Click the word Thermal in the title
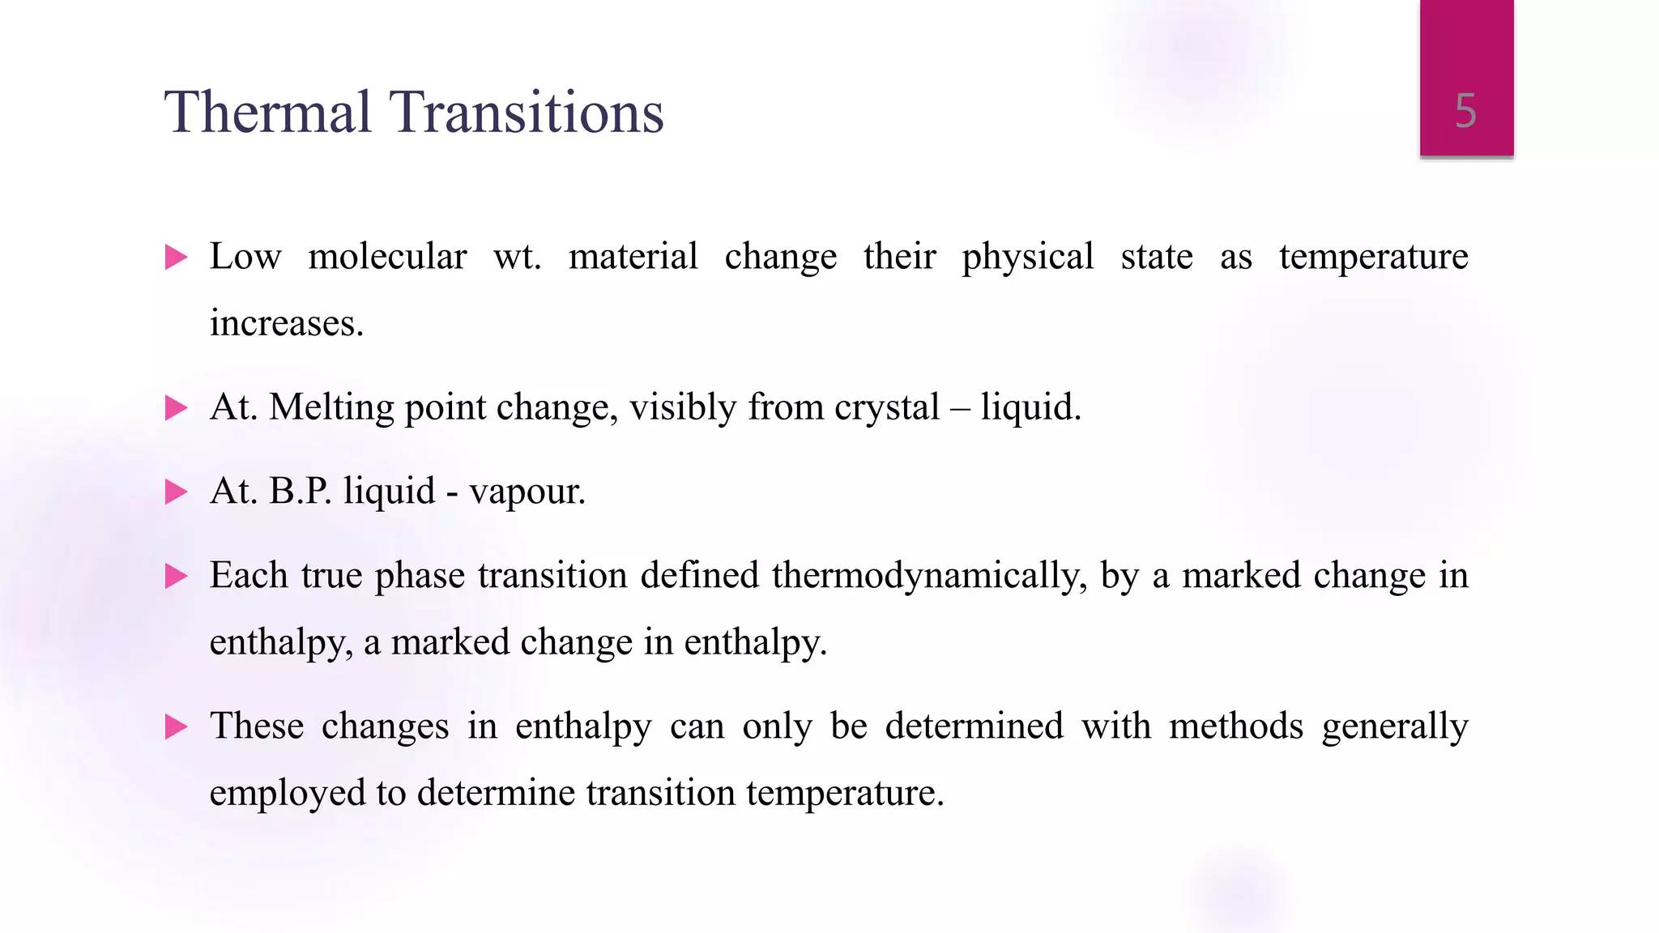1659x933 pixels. [267, 112]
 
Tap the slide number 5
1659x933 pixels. [1465, 111]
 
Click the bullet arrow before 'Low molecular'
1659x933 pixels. [176, 258]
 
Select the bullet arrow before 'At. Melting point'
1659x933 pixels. [176, 407]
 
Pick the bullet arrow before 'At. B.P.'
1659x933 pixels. [176, 492]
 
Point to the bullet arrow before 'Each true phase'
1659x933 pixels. [176, 576]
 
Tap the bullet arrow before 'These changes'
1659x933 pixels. [176, 726]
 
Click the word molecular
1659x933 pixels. [387, 257]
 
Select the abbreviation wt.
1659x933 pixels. [517, 257]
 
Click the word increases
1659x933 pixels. [286, 323]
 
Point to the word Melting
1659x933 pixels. [331, 407]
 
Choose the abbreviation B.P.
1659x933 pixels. [300, 491]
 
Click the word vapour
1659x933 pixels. [527, 491]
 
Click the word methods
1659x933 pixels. [1236, 726]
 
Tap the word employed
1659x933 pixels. [288, 793]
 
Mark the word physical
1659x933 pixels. [1028, 257]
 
